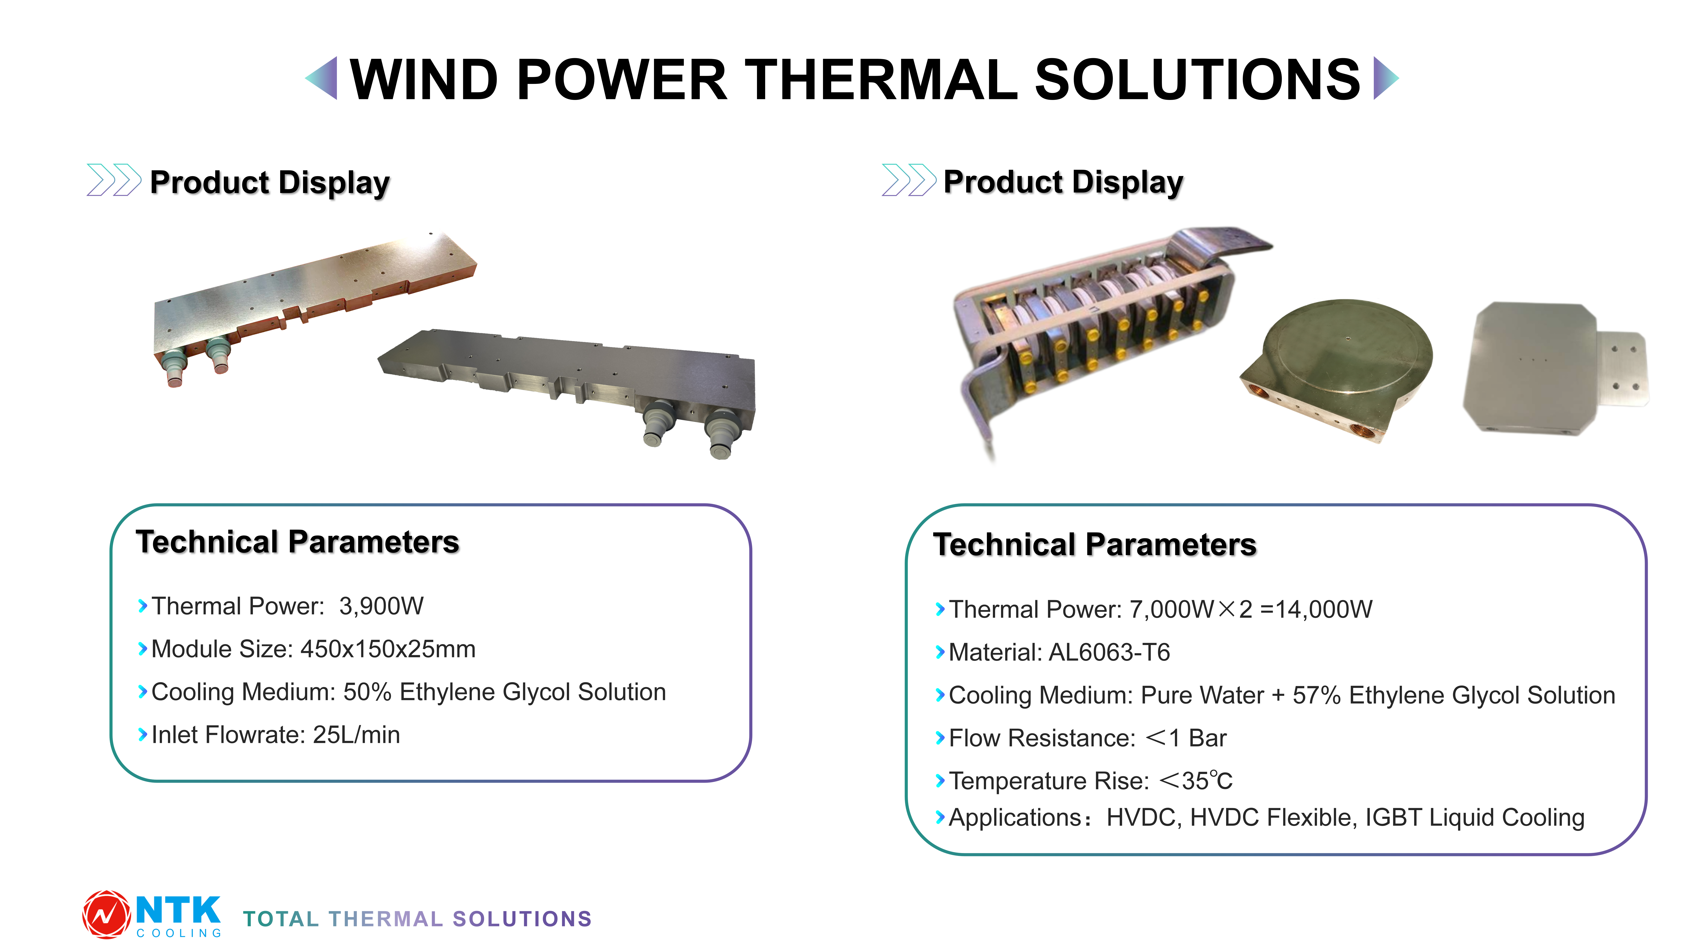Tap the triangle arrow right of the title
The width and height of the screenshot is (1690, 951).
tap(1386, 78)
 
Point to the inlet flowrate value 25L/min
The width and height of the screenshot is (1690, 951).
tap(356, 735)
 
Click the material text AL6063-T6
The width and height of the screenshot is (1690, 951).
tap(1109, 652)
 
